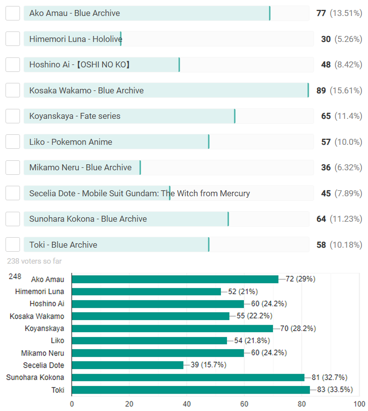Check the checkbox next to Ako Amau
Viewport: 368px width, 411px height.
click(13, 13)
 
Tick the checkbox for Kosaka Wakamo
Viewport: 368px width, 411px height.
click(13, 90)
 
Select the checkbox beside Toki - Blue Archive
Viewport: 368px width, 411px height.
click(13, 245)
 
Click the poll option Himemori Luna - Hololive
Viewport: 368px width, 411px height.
click(75, 39)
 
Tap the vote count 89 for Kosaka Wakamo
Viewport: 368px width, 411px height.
click(321, 90)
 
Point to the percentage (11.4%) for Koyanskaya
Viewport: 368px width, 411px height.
click(348, 116)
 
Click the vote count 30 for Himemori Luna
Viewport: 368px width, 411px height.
click(326, 39)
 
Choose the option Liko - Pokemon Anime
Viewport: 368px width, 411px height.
click(70, 142)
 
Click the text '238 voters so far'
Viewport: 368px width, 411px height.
click(34, 261)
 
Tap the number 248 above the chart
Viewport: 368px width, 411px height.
click(15, 276)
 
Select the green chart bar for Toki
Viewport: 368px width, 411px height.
click(190, 390)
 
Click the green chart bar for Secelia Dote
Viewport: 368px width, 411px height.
click(127, 365)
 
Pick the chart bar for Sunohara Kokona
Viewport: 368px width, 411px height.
click(188, 378)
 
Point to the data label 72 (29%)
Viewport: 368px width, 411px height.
click(300, 279)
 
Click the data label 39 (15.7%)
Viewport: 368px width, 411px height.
click(208, 365)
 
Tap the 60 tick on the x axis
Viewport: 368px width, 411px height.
click(244, 404)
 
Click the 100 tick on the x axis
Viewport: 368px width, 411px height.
click(359, 404)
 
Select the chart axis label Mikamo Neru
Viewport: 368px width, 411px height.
click(42, 353)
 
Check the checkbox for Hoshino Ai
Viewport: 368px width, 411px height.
click(13, 64)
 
